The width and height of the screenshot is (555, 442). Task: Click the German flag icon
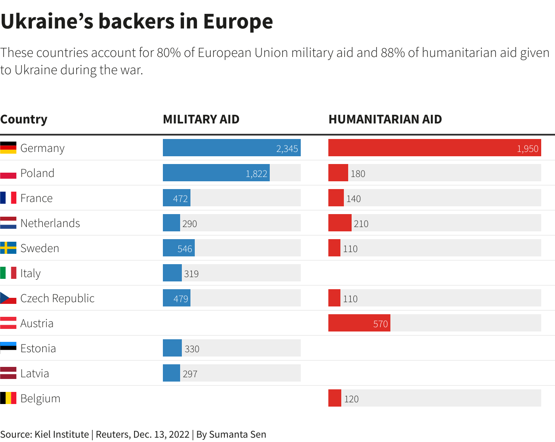pos(8,148)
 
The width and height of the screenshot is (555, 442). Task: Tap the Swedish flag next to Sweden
pos(8,248)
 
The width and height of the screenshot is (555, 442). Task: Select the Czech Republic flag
pos(8,298)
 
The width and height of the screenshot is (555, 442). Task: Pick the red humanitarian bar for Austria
pos(359,323)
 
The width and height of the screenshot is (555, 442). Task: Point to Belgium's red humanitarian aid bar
pos(334,398)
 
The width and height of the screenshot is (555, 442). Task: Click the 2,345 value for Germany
pos(287,148)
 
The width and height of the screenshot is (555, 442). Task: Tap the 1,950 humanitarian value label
pos(527,148)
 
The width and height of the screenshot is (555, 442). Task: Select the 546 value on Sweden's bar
pos(184,249)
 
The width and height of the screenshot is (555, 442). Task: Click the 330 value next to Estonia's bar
pos(192,349)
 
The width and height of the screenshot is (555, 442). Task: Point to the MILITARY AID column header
pos(201,119)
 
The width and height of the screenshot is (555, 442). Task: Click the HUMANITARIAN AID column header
pos(385,119)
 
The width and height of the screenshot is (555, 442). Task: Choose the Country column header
pos(24,119)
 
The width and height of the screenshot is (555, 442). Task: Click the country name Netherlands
pos(50,223)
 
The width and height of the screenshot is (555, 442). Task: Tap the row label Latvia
pos(34,373)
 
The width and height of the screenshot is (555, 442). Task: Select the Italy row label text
pos(30,273)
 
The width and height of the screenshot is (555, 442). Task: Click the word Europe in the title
pos(238,21)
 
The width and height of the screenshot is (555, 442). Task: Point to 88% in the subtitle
pos(393,53)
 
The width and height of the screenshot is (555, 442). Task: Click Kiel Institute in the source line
pos(62,434)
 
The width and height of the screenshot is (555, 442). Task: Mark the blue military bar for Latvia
pos(171,373)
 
